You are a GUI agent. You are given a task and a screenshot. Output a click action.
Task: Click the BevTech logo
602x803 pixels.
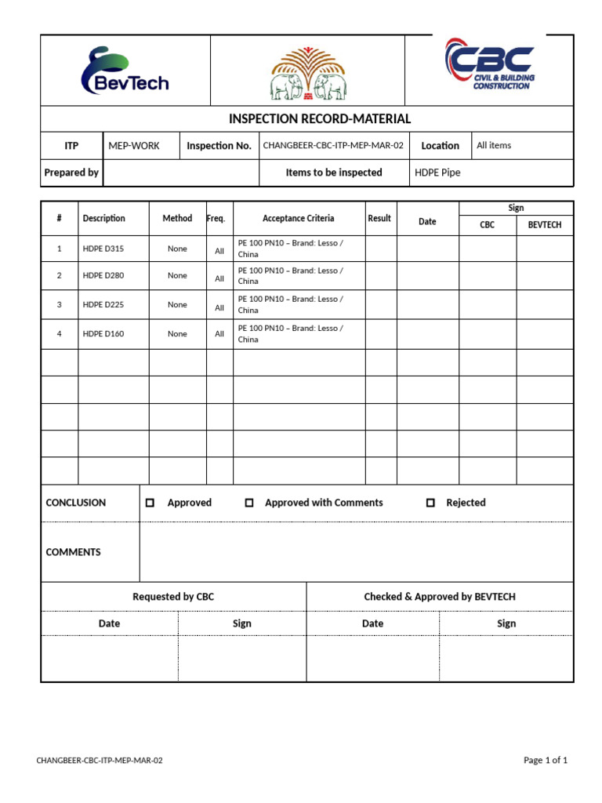click(x=125, y=71)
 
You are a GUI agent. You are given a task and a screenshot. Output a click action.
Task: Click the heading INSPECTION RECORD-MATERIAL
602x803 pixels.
click(x=319, y=119)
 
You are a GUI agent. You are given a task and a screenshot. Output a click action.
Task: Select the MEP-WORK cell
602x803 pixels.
click(x=134, y=146)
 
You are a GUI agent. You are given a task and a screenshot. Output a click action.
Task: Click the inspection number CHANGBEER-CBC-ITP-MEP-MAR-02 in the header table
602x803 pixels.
click(x=333, y=146)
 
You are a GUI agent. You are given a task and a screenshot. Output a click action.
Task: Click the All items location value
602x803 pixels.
click(x=494, y=145)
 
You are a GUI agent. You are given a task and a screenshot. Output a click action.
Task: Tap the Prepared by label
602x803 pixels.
click(x=71, y=173)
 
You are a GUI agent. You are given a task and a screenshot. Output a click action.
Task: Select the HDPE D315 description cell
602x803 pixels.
click(x=103, y=249)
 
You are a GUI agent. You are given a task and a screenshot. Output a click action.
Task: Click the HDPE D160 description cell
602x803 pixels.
click(x=103, y=334)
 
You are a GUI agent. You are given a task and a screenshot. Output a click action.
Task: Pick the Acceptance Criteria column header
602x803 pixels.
click(x=298, y=219)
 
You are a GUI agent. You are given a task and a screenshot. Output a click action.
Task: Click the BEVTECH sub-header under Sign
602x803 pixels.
click(x=545, y=225)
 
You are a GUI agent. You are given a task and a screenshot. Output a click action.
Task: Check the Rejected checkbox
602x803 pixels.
click(x=430, y=503)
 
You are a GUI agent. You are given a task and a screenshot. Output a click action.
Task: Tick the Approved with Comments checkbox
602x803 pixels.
click(x=249, y=503)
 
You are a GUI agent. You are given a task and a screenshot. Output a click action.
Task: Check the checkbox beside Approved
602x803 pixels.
click(x=150, y=503)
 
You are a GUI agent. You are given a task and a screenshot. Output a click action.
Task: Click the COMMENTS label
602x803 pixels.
click(x=74, y=552)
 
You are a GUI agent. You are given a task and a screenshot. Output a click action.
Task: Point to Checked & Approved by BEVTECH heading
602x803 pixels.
click(x=440, y=597)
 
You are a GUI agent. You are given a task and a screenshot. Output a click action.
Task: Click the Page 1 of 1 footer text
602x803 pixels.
click(x=546, y=761)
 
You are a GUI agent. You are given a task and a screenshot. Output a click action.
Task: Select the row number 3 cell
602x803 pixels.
click(x=59, y=305)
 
